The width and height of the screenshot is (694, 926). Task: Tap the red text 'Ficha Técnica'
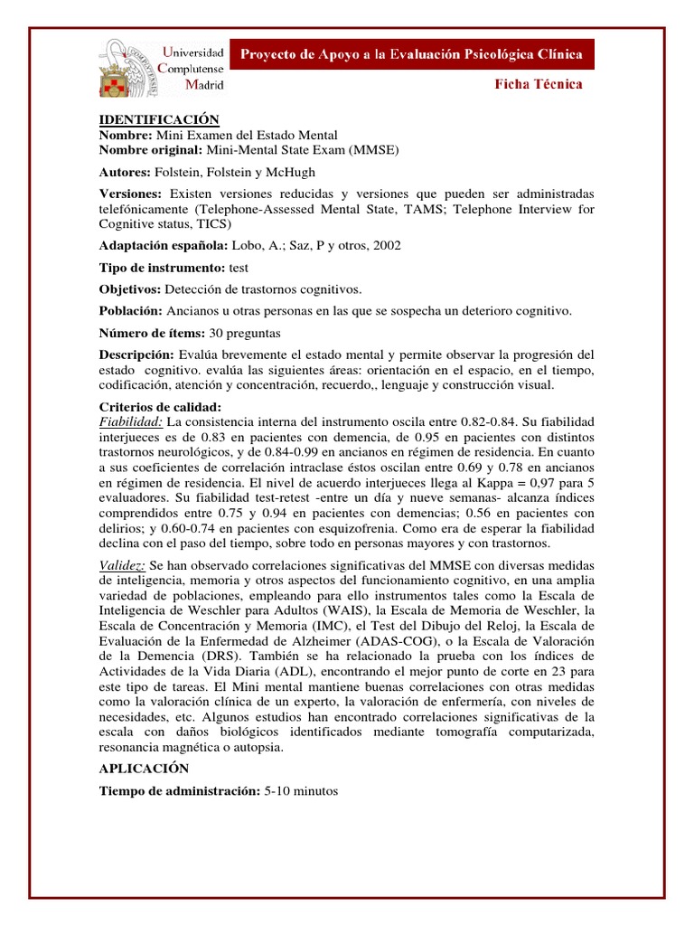[538, 85]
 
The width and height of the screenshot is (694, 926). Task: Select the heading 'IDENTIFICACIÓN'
[159, 119]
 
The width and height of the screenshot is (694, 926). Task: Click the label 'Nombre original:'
[151, 148]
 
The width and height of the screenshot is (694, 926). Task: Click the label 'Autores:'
[127, 172]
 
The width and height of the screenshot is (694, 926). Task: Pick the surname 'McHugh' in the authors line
[292, 172]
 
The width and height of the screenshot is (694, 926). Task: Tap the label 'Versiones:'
[130, 194]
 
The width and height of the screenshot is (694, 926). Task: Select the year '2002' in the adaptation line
[386, 245]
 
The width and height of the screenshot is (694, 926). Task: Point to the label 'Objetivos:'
[129, 289]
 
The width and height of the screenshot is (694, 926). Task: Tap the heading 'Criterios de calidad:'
[158, 407]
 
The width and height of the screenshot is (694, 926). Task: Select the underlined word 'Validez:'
[122, 564]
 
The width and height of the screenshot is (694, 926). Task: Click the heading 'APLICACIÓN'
[144, 768]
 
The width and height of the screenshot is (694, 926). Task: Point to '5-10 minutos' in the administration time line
[301, 790]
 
